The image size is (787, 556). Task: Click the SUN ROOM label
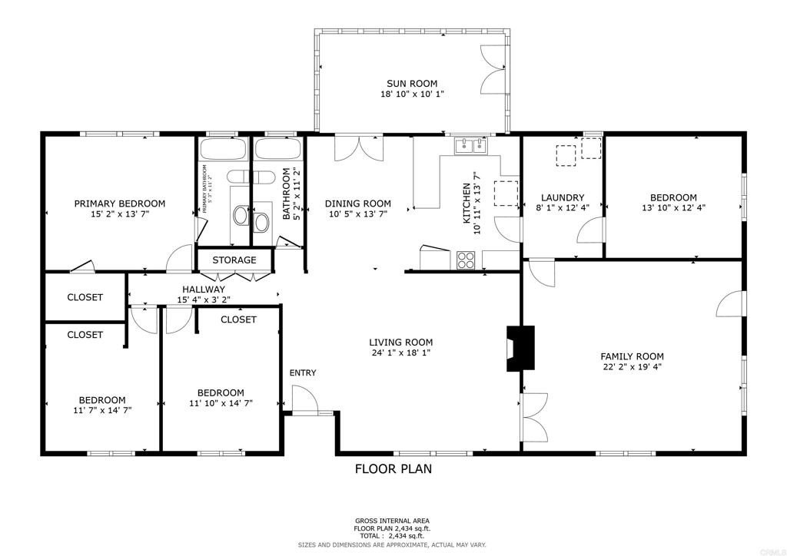pos(412,83)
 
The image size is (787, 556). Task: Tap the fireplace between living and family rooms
pos(520,349)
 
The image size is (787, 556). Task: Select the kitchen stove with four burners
pos(466,260)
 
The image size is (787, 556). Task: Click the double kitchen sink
pos(470,145)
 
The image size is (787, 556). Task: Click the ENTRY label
pos(303,372)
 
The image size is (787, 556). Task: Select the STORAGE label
pos(234,260)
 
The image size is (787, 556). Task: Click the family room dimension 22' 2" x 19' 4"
pos(632,367)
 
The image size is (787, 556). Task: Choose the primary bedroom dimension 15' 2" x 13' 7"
pos(119,214)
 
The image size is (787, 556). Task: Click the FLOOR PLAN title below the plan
pos(393,468)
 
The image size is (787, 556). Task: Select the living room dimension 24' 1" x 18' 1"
pos(400,353)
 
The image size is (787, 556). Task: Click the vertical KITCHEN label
pos(466,204)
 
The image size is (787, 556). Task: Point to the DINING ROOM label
pos(357,204)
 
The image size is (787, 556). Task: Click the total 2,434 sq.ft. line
pos(392,536)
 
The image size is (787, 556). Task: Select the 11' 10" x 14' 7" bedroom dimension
pos(220,402)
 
